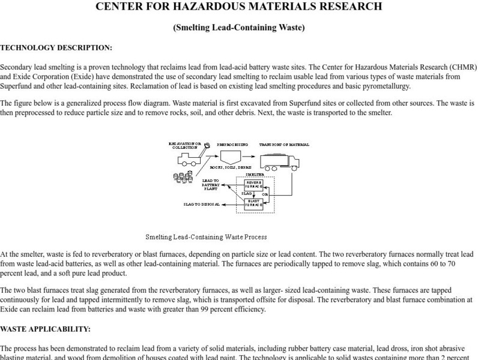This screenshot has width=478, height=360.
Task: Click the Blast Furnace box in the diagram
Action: tap(254, 203)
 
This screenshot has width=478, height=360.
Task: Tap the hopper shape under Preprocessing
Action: tap(229, 158)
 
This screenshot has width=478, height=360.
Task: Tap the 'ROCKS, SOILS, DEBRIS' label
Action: tap(231, 168)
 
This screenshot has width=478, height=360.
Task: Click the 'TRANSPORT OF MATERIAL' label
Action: tap(284, 145)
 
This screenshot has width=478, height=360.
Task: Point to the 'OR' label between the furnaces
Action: tap(265, 194)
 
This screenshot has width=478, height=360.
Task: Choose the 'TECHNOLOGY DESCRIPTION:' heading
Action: tap(56, 47)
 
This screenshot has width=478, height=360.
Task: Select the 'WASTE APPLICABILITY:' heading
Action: tap(46, 329)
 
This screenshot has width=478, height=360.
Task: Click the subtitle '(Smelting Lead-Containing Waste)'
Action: tap(239, 28)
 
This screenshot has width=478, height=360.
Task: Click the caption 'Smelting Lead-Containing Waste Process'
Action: tap(206, 237)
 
